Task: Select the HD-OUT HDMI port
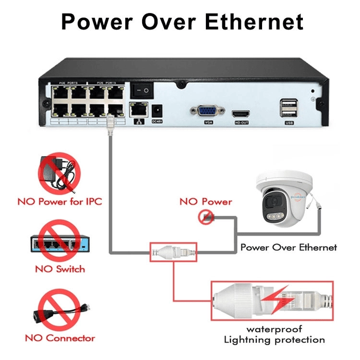click(241, 114)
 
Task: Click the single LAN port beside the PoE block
click(138, 110)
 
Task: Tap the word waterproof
click(274, 329)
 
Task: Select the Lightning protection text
click(274, 340)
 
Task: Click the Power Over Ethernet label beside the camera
click(288, 248)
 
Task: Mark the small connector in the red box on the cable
click(173, 251)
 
